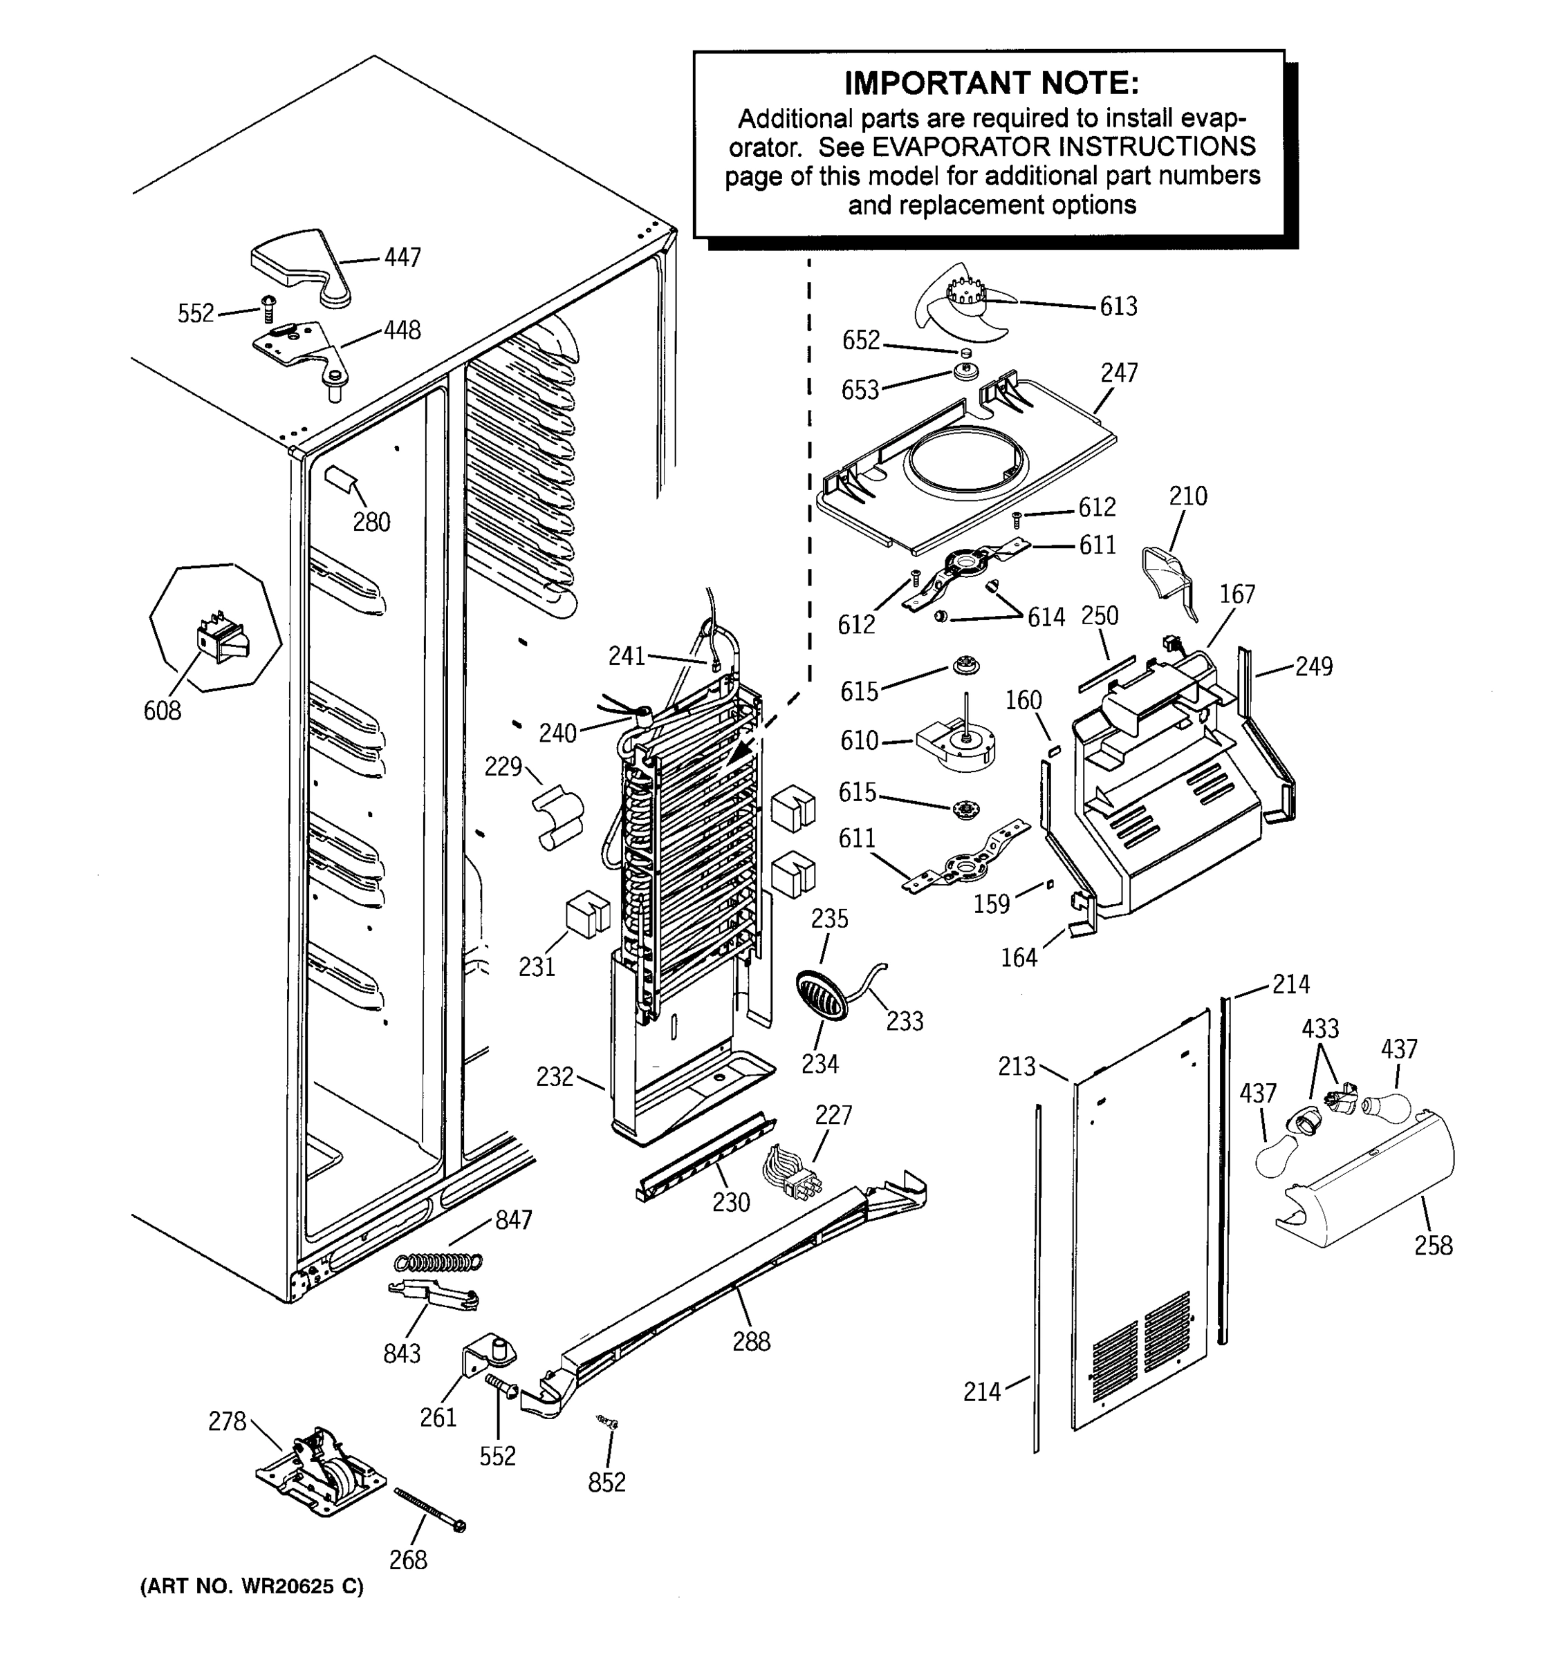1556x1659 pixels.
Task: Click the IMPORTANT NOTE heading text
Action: coord(991,84)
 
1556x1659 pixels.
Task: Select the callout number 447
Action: coord(402,258)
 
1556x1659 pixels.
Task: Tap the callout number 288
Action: coord(751,1342)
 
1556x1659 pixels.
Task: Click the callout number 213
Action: coord(1017,1067)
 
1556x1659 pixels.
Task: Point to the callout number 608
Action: coord(162,711)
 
